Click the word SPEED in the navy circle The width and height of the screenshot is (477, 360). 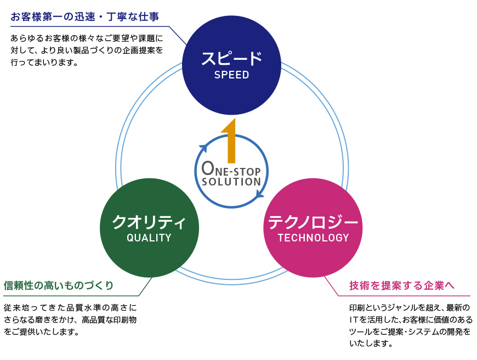(231, 75)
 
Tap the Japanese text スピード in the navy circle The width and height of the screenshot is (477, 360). (231, 58)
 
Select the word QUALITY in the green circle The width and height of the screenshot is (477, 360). (149, 238)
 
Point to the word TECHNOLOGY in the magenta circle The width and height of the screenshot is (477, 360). (313, 238)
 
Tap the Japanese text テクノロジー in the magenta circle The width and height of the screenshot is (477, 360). (313, 222)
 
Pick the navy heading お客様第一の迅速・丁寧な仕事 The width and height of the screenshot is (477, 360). (85, 17)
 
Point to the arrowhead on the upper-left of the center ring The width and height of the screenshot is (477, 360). (203, 148)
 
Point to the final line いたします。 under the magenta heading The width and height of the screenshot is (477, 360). (371, 344)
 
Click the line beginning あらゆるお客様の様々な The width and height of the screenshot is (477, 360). (87, 39)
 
